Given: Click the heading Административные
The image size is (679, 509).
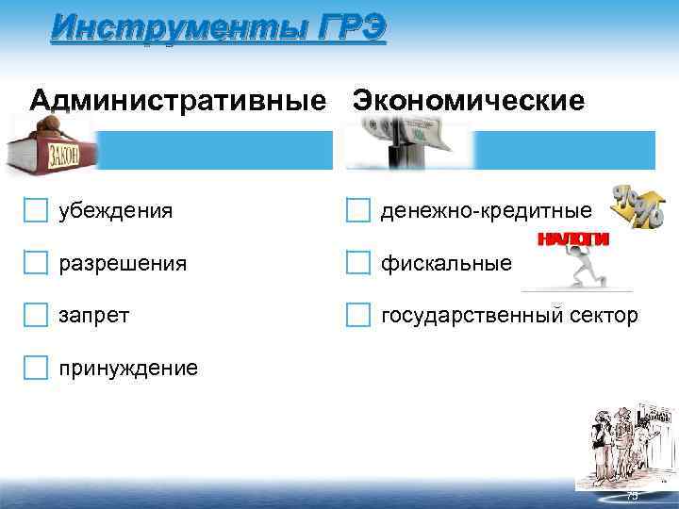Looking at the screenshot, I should pyautogui.click(x=180, y=100).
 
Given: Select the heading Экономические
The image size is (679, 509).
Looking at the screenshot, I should pyautogui.click(x=469, y=100).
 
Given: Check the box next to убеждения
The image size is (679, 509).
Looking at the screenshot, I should pyautogui.click(x=36, y=209).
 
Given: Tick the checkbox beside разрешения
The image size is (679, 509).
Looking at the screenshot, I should pyautogui.click(x=36, y=262).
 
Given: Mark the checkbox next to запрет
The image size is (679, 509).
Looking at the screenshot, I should pyautogui.click(x=36, y=314).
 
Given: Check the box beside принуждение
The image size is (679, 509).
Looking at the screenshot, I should pyautogui.click(x=36, y=367).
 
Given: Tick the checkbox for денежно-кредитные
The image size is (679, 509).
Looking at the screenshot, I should pyautogui.click(x=357, y=209).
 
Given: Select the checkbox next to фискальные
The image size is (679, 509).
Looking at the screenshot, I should pyautogui.click(x=357, y=262).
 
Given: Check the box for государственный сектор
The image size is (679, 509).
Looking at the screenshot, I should pyautogui.click(x=357, y=314).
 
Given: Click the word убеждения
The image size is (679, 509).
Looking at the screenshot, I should pyautogui.click(x=115, y=210).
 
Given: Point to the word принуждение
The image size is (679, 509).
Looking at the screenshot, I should pyautogui.click(x=128, y=368).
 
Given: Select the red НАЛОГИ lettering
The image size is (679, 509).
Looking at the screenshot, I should pyautogui.click(x=572, y=239).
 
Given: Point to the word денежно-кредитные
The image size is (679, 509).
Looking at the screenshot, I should pyautogui.click(x=487, y=210).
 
